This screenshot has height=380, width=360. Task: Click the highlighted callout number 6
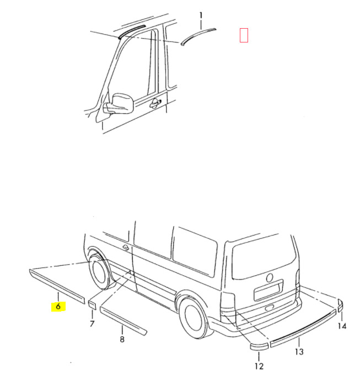pos(58,307)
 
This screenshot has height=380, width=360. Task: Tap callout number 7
pos(92,324)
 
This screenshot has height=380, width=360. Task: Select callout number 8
pos(122,339)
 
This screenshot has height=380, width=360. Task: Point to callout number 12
pos(259,366)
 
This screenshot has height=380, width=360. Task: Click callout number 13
pos(299,352)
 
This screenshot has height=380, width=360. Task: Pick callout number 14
pos(342,326)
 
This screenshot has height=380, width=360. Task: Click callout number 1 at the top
pos(201,16)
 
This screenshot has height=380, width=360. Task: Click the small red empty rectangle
pos(244,35)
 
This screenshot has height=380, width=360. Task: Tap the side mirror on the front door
pos(119,104)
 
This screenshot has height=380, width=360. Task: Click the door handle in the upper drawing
pos(155,103)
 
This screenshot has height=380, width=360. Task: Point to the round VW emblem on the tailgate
pos(270,278)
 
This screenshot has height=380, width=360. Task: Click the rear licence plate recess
pos(268,291)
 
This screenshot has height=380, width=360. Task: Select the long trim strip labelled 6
pos(57,286)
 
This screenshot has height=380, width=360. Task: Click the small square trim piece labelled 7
pos(92,305)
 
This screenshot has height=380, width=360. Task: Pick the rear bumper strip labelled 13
pos(303,328)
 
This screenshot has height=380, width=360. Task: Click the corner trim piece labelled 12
pos(259,346)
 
